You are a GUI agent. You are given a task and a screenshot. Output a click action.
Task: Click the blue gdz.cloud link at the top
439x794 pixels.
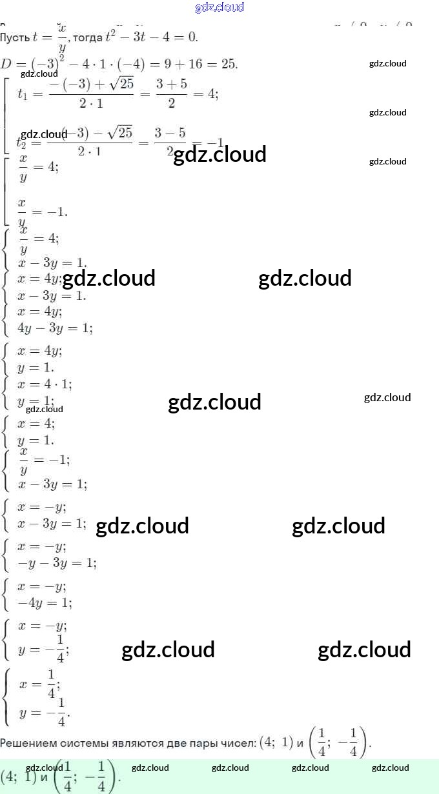click(x=219, y=8)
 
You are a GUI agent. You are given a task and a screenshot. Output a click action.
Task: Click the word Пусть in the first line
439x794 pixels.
click(x=14, y=37)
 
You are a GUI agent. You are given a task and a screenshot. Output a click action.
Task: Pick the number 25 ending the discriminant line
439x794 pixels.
click(x=229, y=64)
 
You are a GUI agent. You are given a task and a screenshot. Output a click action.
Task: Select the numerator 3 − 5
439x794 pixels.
click(x=170, y=133)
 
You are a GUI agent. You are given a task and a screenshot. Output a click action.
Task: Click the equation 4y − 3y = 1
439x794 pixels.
click(x=55, y=328)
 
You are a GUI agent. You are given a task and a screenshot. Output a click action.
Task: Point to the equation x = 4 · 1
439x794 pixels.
click(x=45, y=384)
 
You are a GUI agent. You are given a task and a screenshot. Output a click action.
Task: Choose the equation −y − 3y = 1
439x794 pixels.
click(x=57, y=562)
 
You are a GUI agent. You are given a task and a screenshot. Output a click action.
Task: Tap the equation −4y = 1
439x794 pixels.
click(x=45, y=602)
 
